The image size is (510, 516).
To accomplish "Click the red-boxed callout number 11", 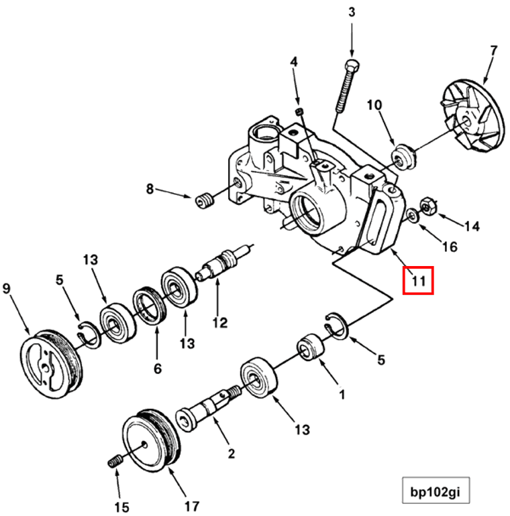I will (x=418, y=281).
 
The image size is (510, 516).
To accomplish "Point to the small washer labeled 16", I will (x=412, y=216).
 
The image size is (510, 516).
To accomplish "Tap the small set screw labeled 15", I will (x=115, y=462).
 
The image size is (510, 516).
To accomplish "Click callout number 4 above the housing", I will (x=293, y=62).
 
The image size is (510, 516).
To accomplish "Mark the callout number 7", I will (x=493, y=50).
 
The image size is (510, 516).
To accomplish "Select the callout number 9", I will (x=7, y=289).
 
